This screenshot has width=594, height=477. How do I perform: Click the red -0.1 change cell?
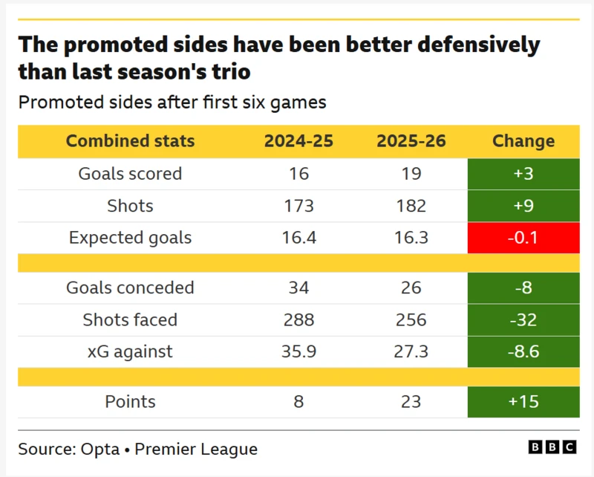point(523,238)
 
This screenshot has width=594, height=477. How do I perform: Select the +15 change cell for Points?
point(523,402)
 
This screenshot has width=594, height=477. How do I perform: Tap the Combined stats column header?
point(130,141)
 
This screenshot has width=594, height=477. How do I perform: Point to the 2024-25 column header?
point(299,141)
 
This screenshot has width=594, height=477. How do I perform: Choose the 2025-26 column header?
point(411,141)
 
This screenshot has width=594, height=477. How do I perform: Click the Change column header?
point(523,141)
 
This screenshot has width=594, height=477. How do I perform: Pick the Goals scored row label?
point(130,174)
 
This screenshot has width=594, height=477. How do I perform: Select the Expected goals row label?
point(130,238)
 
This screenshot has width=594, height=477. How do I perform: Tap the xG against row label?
point(130,352)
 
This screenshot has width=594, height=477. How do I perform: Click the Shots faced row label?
point(130,320)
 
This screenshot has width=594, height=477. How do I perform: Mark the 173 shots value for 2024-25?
point(299,206)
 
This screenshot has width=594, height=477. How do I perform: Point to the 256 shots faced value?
point(411,320)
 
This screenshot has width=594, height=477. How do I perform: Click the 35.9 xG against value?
point(299,352)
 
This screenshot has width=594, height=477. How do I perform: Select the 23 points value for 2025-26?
point(411,402)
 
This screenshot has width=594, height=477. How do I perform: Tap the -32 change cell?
point(523,320)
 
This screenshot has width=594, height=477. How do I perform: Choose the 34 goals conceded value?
point(299,288)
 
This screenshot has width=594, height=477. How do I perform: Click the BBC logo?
point(552,447)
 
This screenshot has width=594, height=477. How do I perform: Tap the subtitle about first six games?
point(172,103)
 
